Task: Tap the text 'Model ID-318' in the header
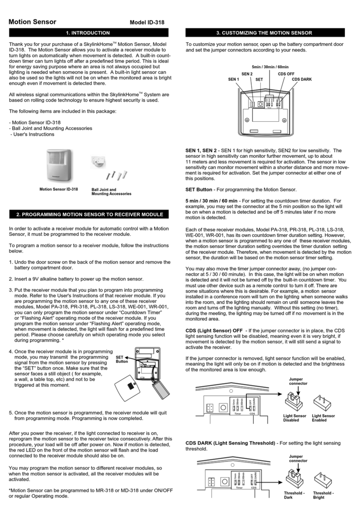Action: click(149, 23)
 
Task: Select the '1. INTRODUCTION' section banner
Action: click(88, 33)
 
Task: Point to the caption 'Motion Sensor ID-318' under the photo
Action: click(58, 189)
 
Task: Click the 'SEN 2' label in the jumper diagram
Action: click(247, 73)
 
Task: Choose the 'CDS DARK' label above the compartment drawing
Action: click(302, 79)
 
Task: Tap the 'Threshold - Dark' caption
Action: click(294, 496)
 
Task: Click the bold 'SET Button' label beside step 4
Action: click(122, 359)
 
